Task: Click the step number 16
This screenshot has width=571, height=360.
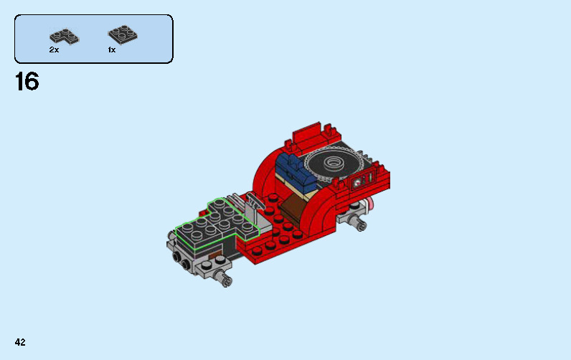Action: [x=27, y=82]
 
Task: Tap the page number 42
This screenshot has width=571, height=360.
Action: [x=19, y=342]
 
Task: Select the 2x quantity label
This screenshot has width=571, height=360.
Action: [x=54, y=50]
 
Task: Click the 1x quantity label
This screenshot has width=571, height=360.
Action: [x=112, y=50]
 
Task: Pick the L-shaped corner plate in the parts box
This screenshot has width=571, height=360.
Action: [x=64, y=35]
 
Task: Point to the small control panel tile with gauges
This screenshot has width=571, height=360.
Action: [x=362, y=178]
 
